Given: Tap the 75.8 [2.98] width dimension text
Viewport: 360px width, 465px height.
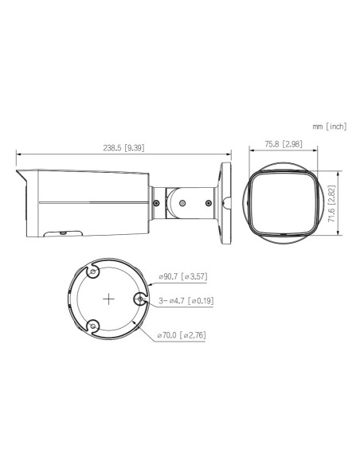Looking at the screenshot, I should pos(282,144).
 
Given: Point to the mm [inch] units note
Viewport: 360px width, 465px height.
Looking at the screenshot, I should pos(330,126).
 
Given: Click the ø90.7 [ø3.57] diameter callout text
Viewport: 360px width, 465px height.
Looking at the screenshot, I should pos(183,276).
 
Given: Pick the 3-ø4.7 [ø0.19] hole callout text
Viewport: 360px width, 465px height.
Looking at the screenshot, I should pos(186,301).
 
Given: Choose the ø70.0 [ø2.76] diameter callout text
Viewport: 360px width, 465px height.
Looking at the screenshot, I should pos(182,334).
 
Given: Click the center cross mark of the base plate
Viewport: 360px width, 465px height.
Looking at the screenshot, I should pos(108,299).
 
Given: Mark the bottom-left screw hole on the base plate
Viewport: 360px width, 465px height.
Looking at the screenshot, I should pos(92,326).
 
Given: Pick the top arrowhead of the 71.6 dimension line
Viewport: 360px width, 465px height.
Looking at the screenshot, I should pos(341,170).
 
